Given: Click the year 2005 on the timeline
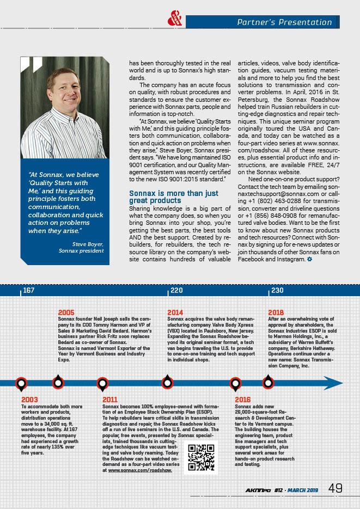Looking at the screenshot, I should (66, 312).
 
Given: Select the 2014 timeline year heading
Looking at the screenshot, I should (175, 312).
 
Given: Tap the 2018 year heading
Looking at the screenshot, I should (276, 312).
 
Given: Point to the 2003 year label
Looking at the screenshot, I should (29, 400).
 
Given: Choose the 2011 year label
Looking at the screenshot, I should (111, 400).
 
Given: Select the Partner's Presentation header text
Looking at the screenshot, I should (285, 22).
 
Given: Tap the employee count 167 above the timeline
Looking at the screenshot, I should (29, 291).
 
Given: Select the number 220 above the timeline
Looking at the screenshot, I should (176, 291).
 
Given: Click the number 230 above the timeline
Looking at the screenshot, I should (277, 291).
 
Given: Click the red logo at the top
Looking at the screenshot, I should (176, 20).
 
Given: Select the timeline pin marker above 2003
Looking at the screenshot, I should (21, 383).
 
